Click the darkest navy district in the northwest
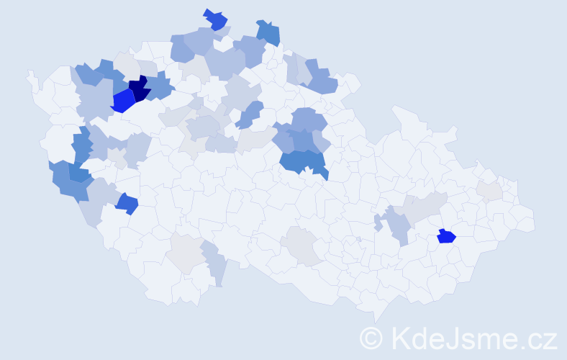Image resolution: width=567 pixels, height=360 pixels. click(139, 89)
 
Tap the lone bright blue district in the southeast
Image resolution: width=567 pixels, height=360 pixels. click(446, 236)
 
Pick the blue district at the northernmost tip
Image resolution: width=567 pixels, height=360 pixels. click(215, 19)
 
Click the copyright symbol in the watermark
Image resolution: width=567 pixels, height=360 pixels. click(371, 338)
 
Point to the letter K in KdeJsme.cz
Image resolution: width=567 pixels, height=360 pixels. click(401, 338)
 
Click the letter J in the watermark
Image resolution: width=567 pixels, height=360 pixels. click(450, 338)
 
